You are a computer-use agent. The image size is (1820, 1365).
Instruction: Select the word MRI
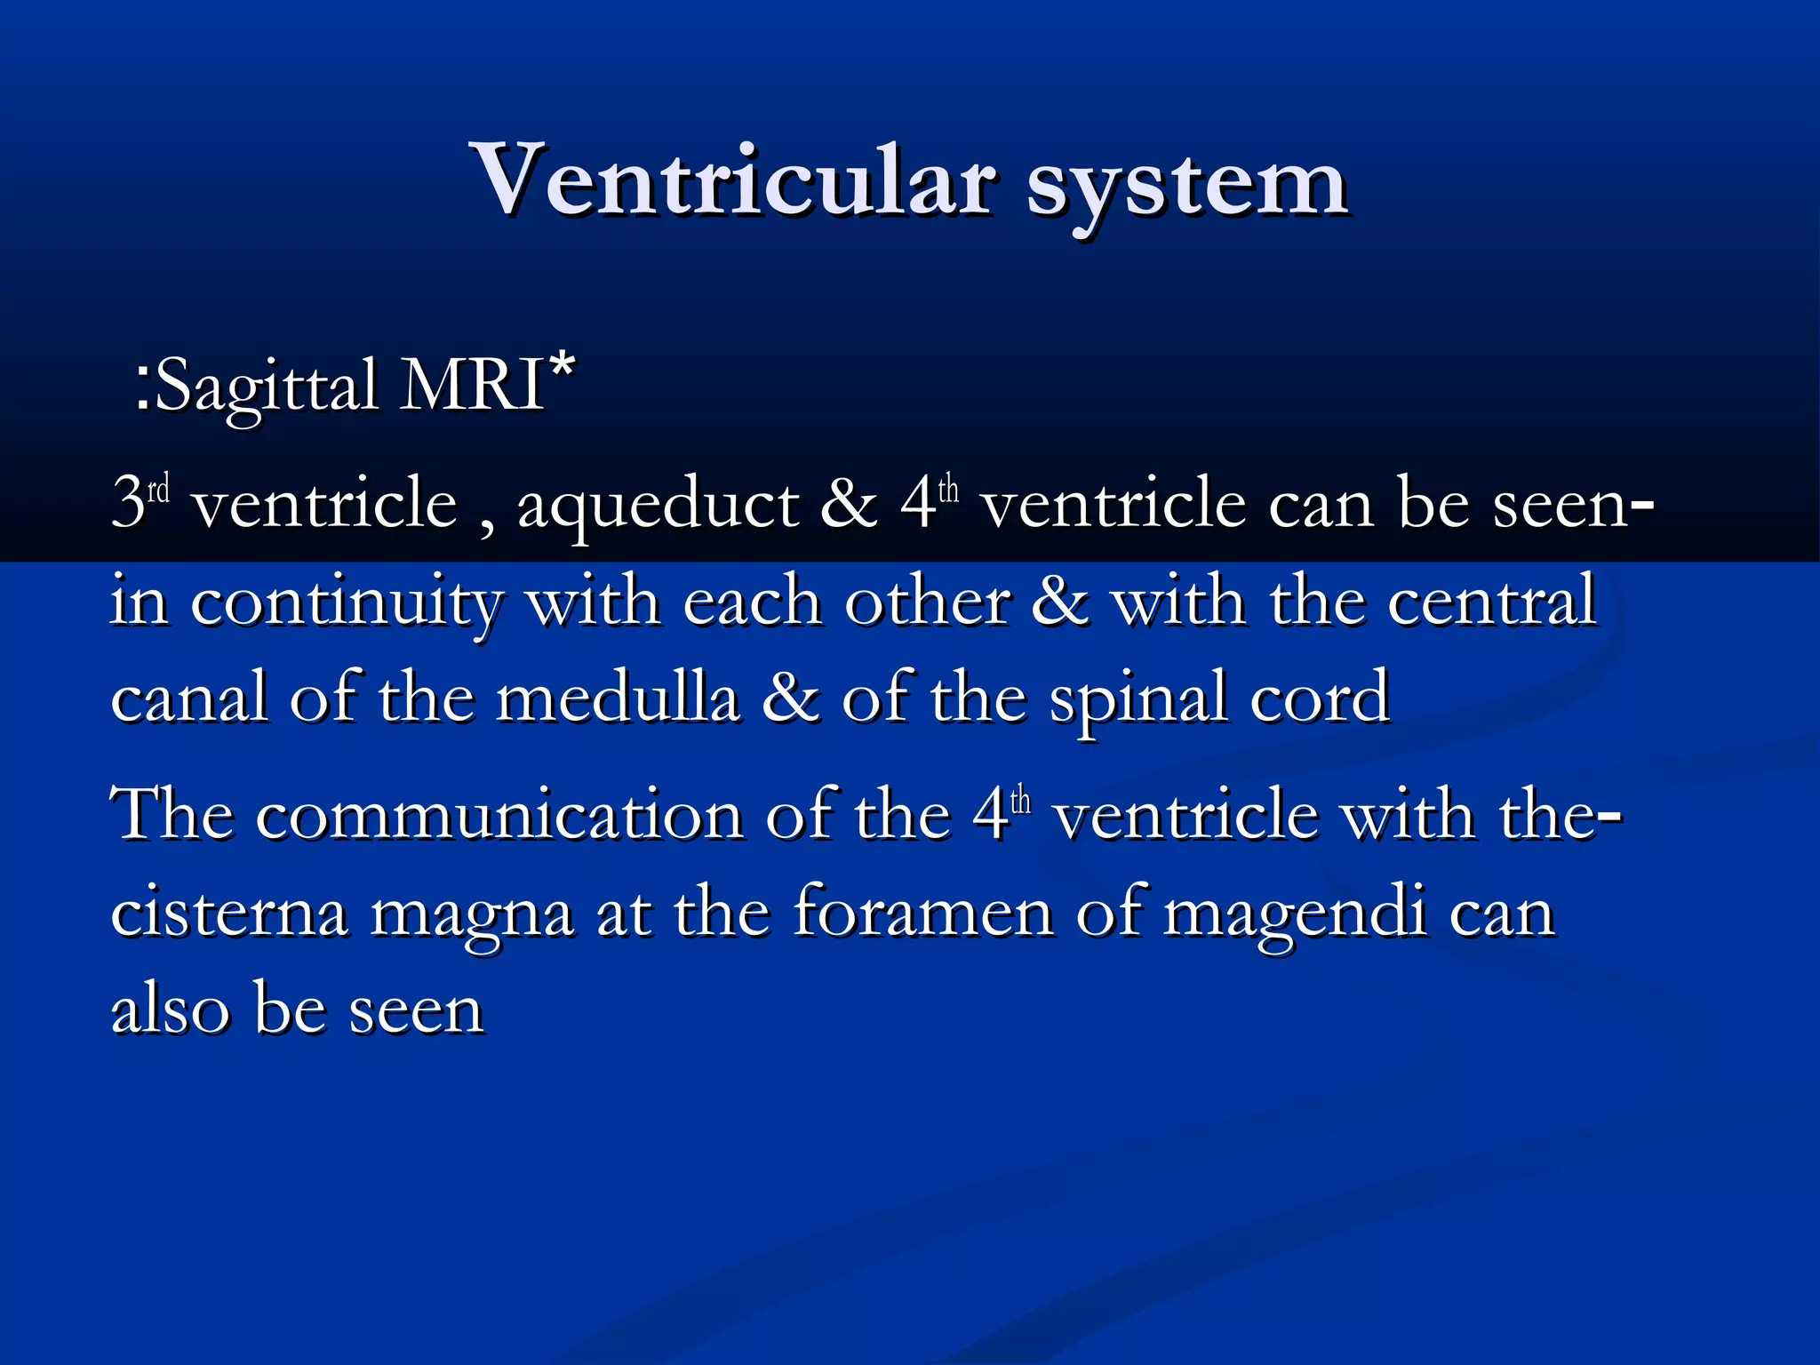click(472, 385)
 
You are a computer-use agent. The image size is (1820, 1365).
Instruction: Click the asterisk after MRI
click(562, 366)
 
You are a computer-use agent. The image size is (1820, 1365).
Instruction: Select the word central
click(1492, 602)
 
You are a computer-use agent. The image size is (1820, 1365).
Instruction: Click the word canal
click(188, 698)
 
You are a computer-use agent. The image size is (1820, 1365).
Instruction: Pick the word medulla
click(618, 698)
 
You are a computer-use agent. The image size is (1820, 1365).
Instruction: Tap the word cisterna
click(229, 913)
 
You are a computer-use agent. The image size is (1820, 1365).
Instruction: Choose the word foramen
click(923, 913)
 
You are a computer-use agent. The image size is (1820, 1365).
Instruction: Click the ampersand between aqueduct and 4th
click(849, 503)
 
